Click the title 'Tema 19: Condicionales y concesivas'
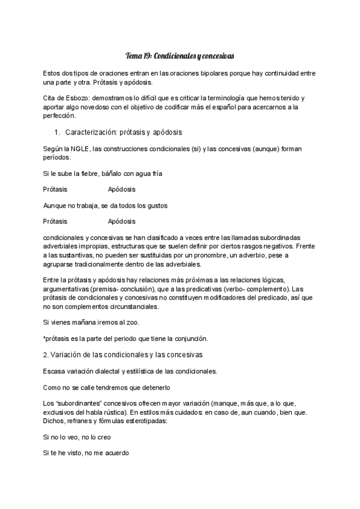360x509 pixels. coord(180,56)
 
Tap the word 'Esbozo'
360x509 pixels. coord(73,98)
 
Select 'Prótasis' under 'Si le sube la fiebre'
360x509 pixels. coord(55,189)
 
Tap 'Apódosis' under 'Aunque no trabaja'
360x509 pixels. coord(122,221)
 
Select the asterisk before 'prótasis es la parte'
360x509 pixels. coord(44,337)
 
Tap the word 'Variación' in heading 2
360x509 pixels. coord(68,354)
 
